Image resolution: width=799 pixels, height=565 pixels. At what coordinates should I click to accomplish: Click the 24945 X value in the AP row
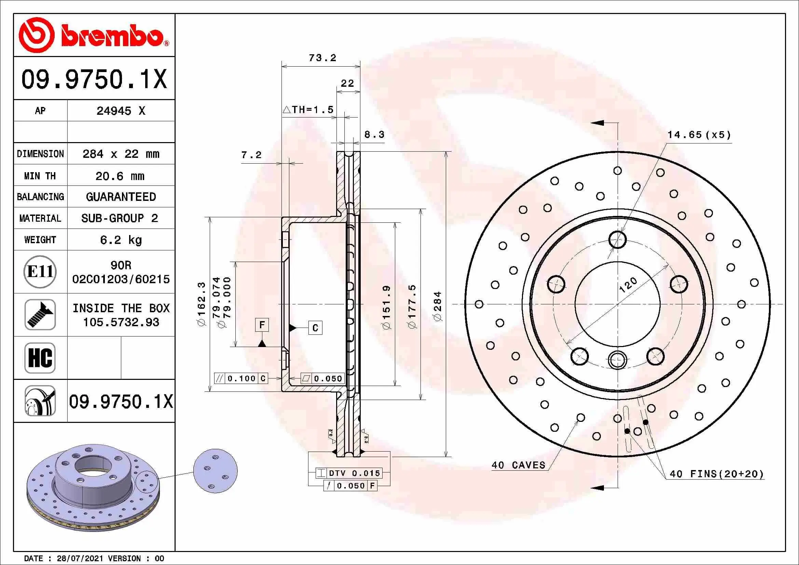(x=121, y=111)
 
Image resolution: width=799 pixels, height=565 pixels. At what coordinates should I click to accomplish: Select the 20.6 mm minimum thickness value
(x=120, y=176)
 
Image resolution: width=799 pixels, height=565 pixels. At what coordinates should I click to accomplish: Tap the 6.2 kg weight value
(x=121, y=240)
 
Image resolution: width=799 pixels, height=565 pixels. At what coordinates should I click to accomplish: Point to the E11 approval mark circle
(x=40, y=272)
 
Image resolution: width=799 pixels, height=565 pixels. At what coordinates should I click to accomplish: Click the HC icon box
(x=40, y=358)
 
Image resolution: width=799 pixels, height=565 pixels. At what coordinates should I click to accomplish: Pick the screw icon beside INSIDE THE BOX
(x=40, y=315)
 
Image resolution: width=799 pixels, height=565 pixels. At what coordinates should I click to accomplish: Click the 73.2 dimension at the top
(x=322, y=58)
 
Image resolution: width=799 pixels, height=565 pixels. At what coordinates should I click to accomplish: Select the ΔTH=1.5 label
(x=308, y=110)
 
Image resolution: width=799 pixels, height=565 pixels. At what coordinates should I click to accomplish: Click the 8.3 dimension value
(x=374, y=134)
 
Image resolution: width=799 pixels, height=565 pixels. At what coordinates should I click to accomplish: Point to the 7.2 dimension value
(x=251, y=155)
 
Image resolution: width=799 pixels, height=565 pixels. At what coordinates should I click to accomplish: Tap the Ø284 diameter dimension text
(x=438, y=306)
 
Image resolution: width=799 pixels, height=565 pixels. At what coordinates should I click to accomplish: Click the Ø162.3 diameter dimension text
(x=202, y=304)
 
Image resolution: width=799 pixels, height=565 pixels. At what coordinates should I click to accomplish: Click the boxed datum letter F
(x=262, y=325)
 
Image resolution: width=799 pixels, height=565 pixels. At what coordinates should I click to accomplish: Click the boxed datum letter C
(x=315, y=328)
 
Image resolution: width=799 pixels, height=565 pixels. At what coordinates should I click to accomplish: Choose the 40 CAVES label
(x=518, y=465)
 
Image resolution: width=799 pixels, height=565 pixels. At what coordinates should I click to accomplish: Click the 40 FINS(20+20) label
(x=717, y=474)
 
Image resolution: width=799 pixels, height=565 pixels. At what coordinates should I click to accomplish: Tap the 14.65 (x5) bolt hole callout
(x=699, y=135)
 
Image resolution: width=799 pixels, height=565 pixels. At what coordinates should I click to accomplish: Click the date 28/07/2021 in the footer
(x=80, y=559)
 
